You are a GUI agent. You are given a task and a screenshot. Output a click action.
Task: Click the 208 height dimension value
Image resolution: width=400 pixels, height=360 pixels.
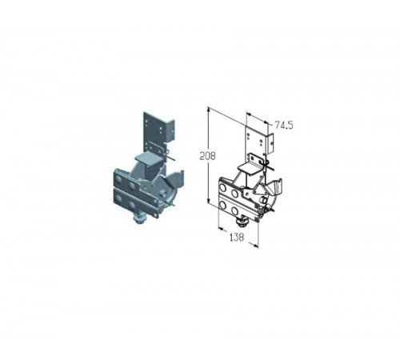tap(207, 156)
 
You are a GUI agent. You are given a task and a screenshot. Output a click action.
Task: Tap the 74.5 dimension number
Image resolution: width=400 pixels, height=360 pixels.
tap(284, 125)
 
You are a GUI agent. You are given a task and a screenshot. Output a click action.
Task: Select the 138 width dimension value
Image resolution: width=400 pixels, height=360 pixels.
tap(237, 237)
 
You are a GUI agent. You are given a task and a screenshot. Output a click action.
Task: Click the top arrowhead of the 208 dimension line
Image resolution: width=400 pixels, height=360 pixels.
tap(209, 110)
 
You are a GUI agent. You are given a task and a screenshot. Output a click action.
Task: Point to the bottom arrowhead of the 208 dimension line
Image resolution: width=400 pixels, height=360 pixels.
tap(209, 202)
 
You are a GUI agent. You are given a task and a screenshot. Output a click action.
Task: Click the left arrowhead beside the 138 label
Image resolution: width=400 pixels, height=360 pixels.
tap(221, 228)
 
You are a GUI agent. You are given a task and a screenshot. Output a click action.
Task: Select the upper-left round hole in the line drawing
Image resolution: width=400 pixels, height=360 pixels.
tap(223, 188)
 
